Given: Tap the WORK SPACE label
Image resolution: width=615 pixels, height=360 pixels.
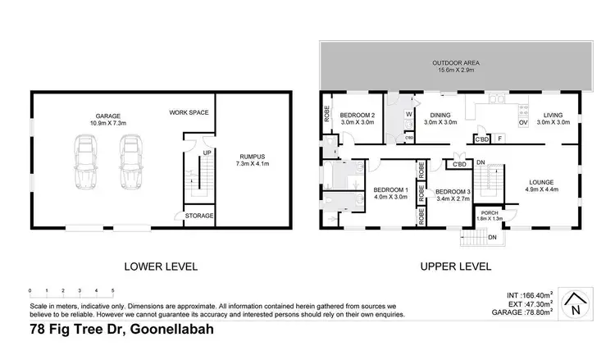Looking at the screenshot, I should (189, 112).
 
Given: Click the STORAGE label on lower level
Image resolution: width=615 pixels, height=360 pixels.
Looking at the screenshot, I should (198, 216).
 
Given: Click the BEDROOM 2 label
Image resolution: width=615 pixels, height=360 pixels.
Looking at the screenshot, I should (357, 115).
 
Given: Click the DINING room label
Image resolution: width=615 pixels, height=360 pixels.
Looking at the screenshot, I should (440, 116).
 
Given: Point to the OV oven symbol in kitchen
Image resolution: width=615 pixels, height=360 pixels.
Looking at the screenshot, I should (522, 122).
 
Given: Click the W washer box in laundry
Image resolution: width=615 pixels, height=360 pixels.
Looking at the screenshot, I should (408, 115).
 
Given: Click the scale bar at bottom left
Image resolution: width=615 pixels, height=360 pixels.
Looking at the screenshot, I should (71, 291).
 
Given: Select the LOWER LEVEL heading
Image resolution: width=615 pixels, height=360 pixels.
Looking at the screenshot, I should (161, 267).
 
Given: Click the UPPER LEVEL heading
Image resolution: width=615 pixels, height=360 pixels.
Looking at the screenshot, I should (455, 267).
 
